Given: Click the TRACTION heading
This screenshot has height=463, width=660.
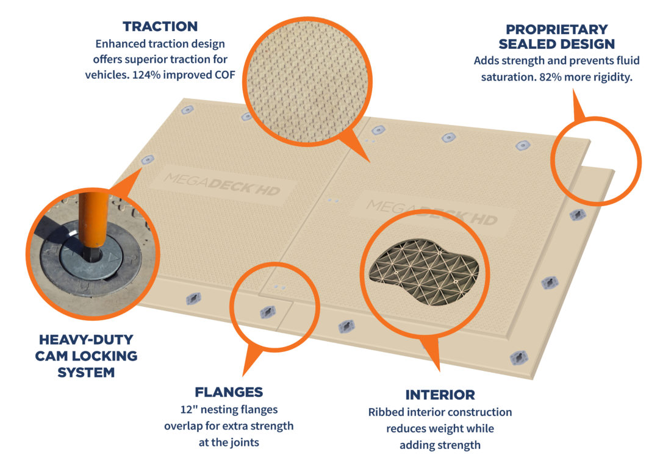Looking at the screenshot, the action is tap(160, 26).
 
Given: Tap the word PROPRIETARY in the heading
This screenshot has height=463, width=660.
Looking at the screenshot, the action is tap(556, 29).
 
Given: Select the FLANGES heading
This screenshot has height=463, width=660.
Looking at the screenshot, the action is tap(229, 392).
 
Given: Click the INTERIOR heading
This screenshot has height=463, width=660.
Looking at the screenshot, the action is tap(440, 395).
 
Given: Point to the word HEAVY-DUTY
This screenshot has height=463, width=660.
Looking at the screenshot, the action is tap(86, 340).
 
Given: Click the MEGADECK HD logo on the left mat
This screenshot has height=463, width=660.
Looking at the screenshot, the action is tap(222, 184).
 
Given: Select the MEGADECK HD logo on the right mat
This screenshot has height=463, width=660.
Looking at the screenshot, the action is tap(431, 212).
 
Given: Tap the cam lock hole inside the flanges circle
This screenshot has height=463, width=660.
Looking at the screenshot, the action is tap(268, 312).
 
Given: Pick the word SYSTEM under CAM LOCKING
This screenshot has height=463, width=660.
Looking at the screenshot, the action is tap(86, 373).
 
